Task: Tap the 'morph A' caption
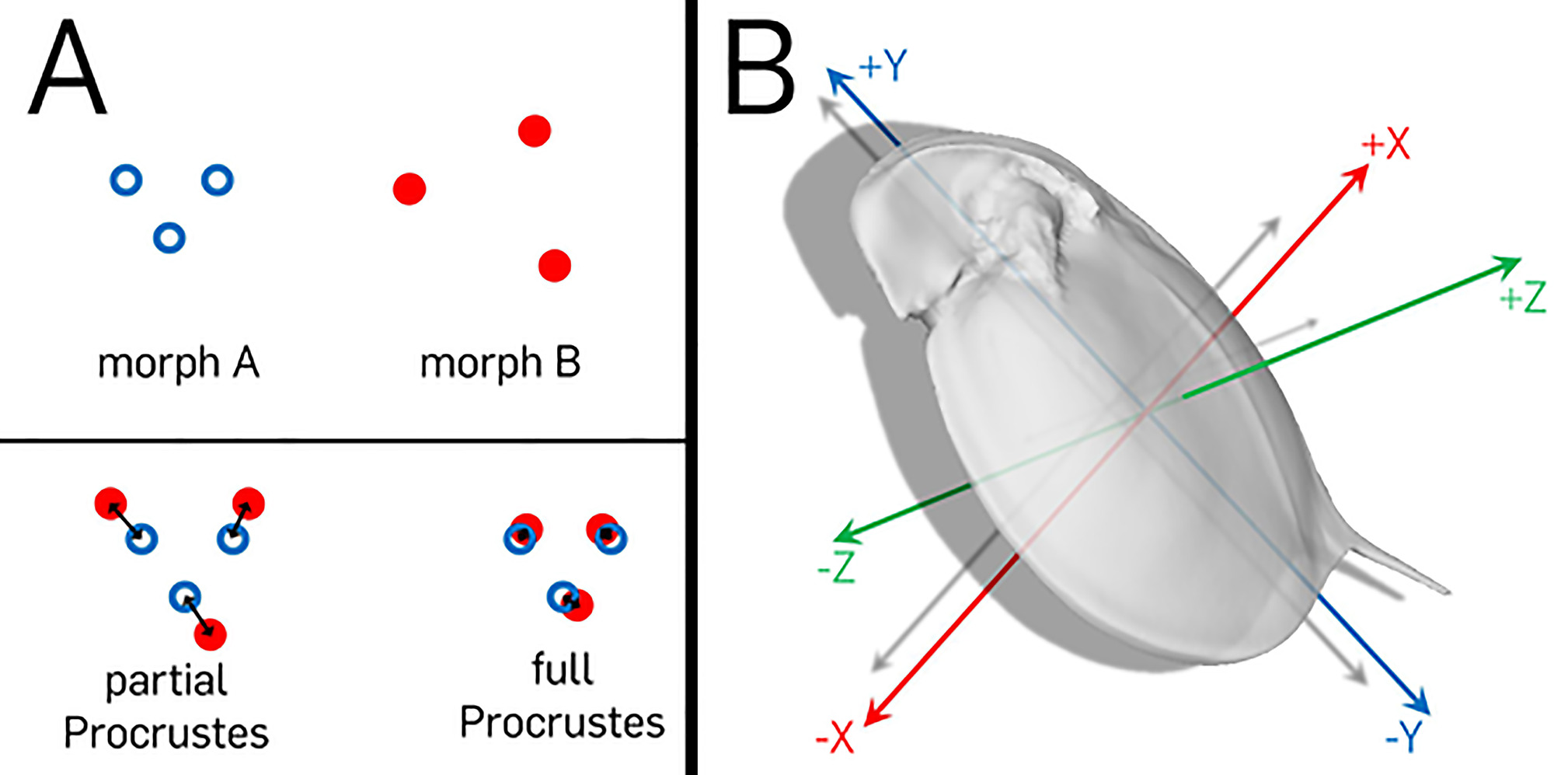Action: pyautogui.click(x=179, y=362)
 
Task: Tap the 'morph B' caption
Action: pyautogui.click(x=500, y=362)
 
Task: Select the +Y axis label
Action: pyautogui.click(x=883, y=66)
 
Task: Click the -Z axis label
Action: pyautogui.click(x=836, y=568)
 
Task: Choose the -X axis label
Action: pyautogui.click(x=834, y=736)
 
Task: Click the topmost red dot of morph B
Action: pyautogui.click(x=535, y=131)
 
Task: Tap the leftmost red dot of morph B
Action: pyautogui.click(x=409, y=189)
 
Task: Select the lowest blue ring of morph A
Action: pyautogui.click(x=169, y=237)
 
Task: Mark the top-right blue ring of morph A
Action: pyautogui.click(x=218, y=180)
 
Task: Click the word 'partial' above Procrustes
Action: pyautogui.click(x=166, y=681)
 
